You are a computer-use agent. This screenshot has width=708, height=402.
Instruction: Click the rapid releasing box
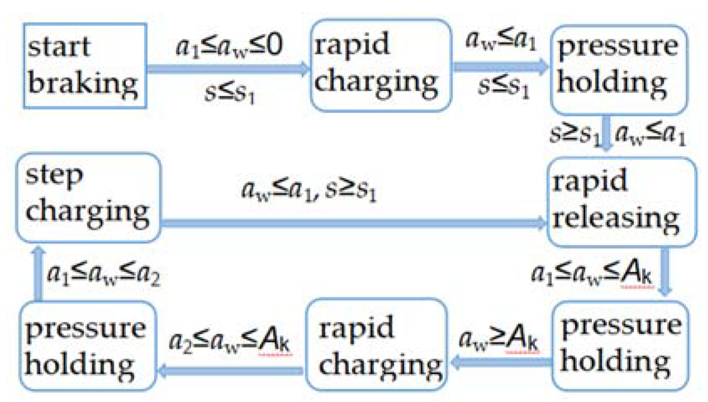tap(621, 203)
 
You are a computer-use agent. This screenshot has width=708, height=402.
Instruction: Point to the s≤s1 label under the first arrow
tap(228, 93)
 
